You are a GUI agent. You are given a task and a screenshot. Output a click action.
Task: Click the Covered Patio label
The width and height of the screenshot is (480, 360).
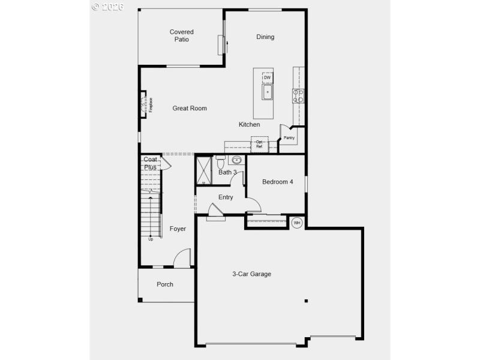[181, 35]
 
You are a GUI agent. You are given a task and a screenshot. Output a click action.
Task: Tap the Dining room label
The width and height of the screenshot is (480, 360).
[265, 37]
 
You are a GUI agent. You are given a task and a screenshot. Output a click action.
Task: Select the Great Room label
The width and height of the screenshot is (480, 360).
[190, 108]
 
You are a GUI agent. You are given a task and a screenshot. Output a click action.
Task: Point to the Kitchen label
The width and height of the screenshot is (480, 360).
[250, 124]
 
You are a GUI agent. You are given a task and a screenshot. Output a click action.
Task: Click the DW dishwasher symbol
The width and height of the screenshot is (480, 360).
[267, 78]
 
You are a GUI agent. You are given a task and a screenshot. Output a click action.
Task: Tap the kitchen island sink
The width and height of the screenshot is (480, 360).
[267, 92]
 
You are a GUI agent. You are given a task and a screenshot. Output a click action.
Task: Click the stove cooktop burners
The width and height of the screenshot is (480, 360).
[298, 96]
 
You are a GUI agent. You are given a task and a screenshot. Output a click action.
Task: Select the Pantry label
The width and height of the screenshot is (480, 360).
[289, 138]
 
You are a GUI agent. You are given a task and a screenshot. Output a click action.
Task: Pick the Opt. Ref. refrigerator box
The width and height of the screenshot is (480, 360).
[259, 144]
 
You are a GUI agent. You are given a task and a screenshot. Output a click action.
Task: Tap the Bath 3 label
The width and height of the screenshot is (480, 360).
[228, 172]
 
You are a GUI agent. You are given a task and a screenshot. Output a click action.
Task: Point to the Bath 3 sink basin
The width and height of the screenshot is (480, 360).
[236, 160]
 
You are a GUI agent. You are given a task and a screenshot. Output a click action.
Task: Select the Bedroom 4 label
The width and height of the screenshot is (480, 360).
[278, 182]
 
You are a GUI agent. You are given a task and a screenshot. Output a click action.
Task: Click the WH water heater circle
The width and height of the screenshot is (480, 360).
[296, 223]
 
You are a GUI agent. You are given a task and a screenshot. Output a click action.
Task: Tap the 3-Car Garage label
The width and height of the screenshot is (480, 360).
[252, 274]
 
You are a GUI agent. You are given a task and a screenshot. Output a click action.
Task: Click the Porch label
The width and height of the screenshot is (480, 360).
[165, 284]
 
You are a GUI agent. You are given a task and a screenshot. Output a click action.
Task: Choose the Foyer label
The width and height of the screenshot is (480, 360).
[178, 229]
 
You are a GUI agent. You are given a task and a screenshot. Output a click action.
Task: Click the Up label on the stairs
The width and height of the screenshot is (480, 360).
[151, 239]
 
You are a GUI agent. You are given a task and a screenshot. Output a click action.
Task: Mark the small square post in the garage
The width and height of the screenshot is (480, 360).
[305, 301]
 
